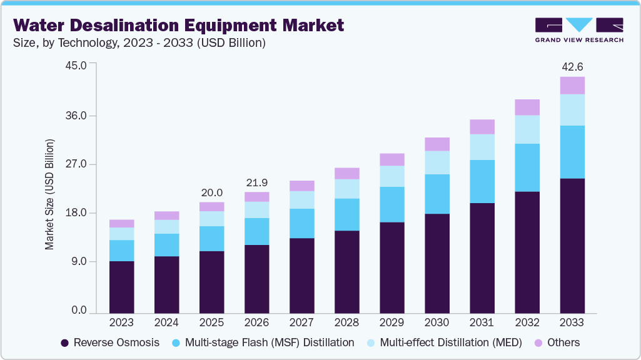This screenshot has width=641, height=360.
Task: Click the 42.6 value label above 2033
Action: click(572, 67)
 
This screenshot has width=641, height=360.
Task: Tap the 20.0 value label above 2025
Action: click(211, 192)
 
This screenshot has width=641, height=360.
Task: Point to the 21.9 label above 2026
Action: click(256, 182)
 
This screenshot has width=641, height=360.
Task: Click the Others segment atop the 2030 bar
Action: click(437, 144)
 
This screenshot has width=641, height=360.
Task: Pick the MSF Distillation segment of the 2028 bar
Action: click(346, 214)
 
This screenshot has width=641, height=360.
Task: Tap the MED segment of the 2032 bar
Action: click(527, 129)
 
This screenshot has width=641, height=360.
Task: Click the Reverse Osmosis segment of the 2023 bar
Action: click(121, 287)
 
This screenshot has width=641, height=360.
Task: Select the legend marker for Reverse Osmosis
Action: click(64, 343)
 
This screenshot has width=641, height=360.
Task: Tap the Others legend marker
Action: click(537, 343)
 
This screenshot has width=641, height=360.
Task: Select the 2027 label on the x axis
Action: click(301, 322)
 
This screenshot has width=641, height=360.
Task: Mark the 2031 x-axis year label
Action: click(482, 322)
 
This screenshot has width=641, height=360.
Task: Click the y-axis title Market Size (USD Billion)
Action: click(49, 194)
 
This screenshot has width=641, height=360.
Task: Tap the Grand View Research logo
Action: click(579, 30)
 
